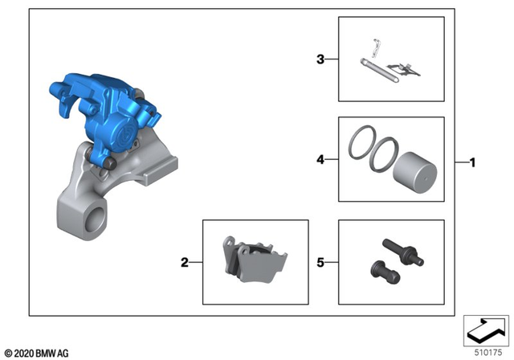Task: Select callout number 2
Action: click(184, 262)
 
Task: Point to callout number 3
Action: click(320, 59)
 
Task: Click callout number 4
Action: click(320, 160)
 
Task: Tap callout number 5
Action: click(320, 262)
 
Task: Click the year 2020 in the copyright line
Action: click(24, 352)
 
